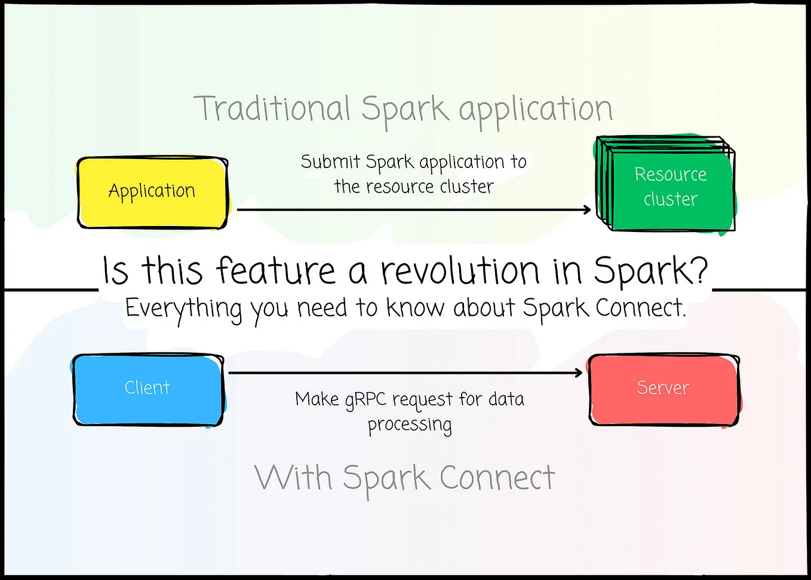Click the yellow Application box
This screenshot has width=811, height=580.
[152, 192]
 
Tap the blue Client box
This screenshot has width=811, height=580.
[148, 389]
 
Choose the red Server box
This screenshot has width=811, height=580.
[663, 389]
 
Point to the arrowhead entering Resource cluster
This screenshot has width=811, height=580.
[588, 209]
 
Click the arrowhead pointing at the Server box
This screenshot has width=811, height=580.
[579, 373]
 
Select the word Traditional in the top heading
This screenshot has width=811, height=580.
[272, 109]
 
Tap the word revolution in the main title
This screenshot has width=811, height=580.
[460, 271]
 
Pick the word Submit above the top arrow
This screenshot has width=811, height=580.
[330, 161]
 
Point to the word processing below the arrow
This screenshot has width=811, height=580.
[410, 425]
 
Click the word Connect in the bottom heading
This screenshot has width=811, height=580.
[497, 478]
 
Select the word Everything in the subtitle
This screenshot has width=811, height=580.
[183, 309]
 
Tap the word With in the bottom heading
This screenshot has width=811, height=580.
[293, 478]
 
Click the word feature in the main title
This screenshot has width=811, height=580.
[275, 271]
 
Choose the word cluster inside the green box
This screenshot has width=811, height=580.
[670, 199]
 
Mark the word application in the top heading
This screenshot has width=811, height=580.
[536, 110]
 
